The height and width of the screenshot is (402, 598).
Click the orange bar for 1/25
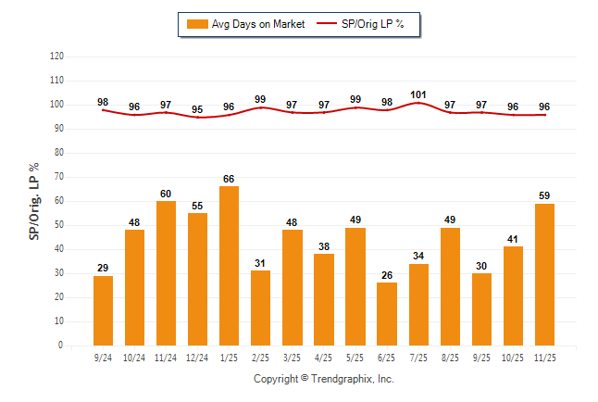[229, 267]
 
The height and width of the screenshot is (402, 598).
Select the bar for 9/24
[103, 311]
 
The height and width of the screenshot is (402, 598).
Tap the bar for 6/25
[386, 315]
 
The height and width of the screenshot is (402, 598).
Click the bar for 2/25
[260, 308]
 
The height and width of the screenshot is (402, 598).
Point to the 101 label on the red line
[417, 94]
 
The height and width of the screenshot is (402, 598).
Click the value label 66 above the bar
[229, 179]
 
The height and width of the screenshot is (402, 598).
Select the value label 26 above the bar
[386, 275]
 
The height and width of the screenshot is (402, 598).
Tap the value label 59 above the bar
[544, 195]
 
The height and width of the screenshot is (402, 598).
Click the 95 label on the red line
[197, 109]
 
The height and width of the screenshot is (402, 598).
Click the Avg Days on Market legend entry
[241, 24]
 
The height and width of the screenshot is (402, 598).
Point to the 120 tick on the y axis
[56, 57]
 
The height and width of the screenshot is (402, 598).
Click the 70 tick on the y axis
[59, 177]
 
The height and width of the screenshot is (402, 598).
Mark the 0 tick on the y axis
[61, 345]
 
